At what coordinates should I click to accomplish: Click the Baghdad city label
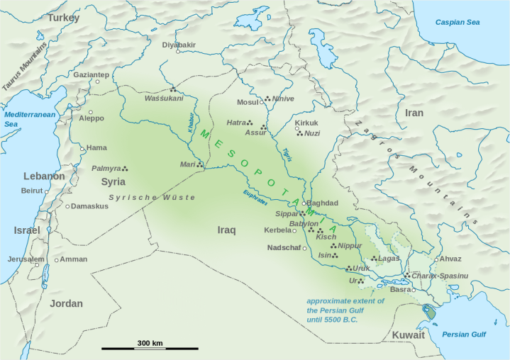click(x=323, y=203)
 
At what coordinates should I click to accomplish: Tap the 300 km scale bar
click(x=150, y=348)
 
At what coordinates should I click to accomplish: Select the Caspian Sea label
click(x=458, y=23)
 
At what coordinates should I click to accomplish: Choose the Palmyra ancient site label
click(x=106, y=169)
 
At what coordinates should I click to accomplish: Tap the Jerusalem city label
click(x=26, y=259)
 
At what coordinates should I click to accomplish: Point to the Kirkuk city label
click(x=306, y=123)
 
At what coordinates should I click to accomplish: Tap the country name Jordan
click(x=66, y=303)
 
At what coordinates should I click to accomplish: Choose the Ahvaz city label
click(x=450, y=259)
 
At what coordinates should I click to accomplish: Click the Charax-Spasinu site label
click(x=440, y=275)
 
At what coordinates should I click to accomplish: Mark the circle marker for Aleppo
click(x=90, y=112)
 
